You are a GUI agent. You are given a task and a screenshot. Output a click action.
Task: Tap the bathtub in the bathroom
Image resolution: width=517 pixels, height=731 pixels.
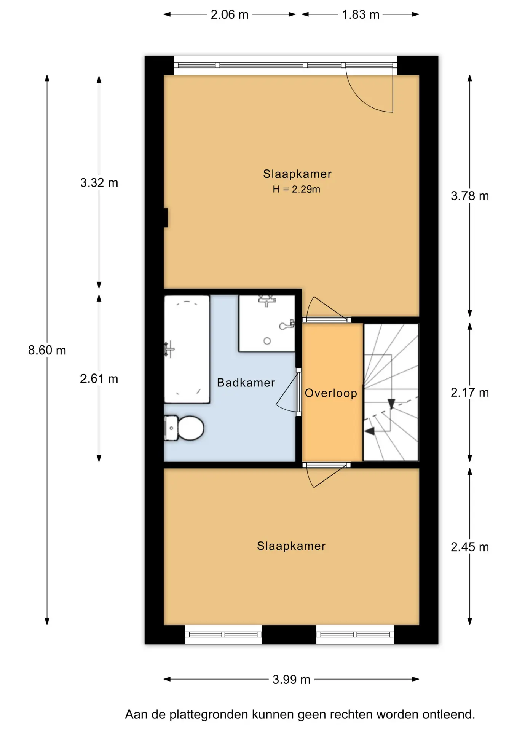187,349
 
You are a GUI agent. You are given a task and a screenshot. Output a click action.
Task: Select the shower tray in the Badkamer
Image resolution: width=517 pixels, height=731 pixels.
267,323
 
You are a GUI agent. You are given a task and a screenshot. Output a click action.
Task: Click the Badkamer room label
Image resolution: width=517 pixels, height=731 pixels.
246,383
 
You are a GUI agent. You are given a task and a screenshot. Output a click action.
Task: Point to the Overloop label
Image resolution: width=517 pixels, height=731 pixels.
331,393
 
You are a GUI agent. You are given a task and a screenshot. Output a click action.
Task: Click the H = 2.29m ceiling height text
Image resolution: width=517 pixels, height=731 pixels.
296,189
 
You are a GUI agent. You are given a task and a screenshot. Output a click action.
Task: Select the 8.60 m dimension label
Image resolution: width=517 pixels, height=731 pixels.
47,350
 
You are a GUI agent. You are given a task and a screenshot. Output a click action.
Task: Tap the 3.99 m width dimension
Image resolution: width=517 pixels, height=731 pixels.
291,680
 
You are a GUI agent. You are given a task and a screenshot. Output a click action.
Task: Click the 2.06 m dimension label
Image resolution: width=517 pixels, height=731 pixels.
230,14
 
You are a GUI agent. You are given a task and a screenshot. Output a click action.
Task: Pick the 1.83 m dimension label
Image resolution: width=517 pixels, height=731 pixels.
361,14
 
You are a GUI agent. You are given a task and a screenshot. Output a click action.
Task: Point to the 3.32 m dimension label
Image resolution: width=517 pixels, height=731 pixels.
99,183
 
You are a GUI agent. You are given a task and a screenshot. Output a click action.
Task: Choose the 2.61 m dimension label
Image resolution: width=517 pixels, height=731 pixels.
99,379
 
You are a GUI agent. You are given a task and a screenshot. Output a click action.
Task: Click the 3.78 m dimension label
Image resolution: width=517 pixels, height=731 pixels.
470,196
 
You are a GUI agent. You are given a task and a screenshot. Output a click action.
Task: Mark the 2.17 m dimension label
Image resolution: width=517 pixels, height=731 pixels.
470,393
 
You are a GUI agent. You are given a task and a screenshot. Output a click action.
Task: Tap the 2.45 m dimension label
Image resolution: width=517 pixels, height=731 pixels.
470,547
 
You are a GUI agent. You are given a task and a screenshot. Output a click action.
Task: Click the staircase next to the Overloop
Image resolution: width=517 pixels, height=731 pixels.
391,392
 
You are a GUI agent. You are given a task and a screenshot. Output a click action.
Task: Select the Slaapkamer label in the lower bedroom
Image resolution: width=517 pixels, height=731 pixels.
291,546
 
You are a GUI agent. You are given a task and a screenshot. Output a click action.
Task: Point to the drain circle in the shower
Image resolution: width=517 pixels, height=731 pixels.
267,341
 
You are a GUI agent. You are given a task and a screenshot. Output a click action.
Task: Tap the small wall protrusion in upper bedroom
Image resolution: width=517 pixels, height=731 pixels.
166,217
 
